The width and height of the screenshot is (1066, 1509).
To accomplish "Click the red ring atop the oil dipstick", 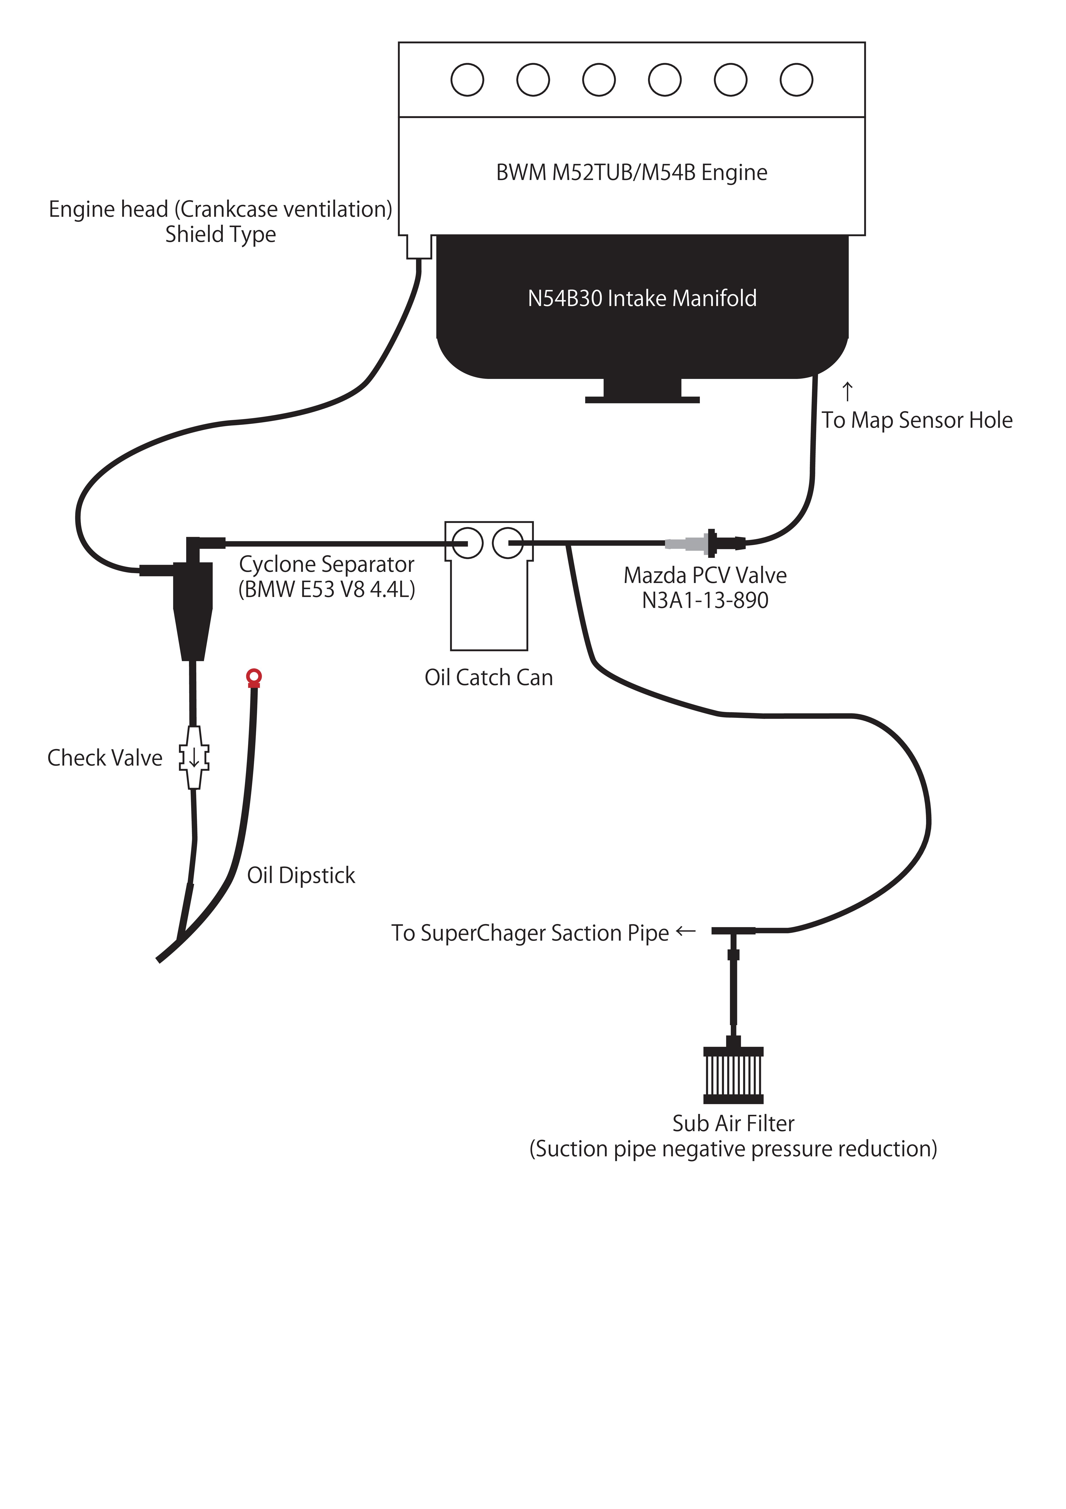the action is coord(254,676).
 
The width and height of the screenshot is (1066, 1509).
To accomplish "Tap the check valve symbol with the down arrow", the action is coord(194,757).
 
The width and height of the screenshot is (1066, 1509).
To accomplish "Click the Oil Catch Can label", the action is coord(488,678).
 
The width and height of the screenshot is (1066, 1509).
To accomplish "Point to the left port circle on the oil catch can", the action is coord(467,543).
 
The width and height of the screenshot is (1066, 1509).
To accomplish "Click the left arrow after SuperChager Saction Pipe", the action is coord(685,931).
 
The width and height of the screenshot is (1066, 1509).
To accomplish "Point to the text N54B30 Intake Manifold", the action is coord(642,298).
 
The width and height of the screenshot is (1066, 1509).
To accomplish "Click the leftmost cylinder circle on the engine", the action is coord(467,80).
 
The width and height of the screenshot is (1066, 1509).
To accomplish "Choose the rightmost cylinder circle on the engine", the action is coord(797,80).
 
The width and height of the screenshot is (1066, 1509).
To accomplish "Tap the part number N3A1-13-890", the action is coord(705,600).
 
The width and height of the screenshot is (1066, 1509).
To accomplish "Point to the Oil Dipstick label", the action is coord(301,875).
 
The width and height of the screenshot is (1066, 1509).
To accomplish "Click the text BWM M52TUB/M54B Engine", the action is coord(632,172).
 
